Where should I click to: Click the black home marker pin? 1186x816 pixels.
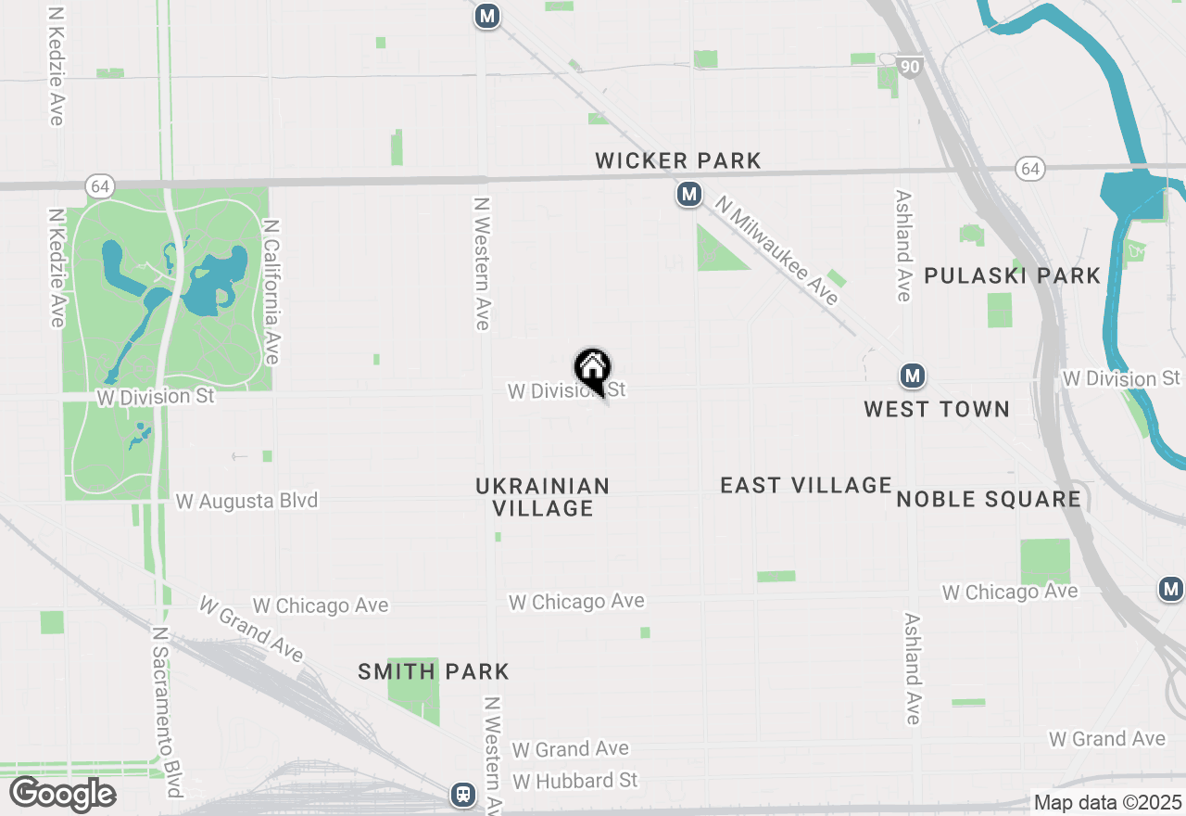[x=593, y=369]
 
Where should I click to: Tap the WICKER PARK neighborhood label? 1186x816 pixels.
[x=677, y=160]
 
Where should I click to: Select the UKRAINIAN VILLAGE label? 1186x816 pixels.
[x=542, y=497]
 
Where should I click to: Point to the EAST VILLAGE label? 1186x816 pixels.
[x=805, y=485]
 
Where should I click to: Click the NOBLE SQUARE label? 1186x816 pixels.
[x=988, y=499]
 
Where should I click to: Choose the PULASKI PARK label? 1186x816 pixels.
[x=1012, y=275]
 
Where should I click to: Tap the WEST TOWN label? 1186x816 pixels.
[x=936, y=409]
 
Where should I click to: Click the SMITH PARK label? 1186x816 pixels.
[x=434, y=671]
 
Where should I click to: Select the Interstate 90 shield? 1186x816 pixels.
[x=910, y=67]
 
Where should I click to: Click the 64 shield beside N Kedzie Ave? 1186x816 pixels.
[x=100, y=185]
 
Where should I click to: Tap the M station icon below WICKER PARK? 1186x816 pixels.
[x=688, y=194]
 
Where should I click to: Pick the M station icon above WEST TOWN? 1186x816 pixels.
[x=913, y=376]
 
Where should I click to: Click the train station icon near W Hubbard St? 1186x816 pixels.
[x=462, y=795]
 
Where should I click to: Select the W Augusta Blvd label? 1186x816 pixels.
[x=246, y=501]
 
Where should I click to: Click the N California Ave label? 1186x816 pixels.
[x=271, y=291]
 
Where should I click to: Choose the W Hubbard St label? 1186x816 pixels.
[x=574, y=781]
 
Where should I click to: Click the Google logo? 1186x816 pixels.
[x=62, y=795]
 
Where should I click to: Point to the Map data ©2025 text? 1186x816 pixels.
[x=1107, y=802]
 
